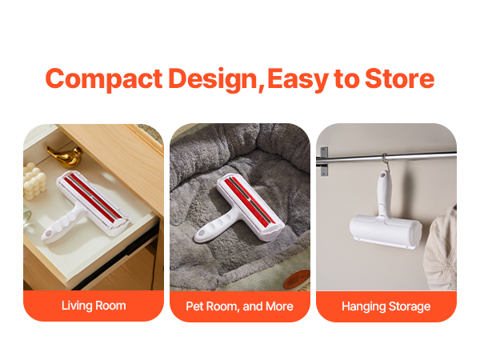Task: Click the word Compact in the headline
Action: [x=104, y=79]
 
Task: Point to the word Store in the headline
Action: [x=400, y=78]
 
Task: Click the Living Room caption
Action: [x=94, y=306]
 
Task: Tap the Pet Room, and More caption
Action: [x=240, y=306]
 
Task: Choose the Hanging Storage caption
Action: [x=386, y=306]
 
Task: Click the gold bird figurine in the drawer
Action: [x=66, y=156]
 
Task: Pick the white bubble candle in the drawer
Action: [x=34, y=182]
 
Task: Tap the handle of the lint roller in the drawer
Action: [x=62, y=223]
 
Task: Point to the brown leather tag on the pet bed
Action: [x=297, y=279]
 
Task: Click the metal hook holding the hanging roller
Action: [x=386, y=163]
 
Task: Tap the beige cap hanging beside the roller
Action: [x=441, y=248]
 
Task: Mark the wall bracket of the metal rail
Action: [x=324, y=162]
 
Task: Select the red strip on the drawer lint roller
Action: [x=93, y=198]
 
